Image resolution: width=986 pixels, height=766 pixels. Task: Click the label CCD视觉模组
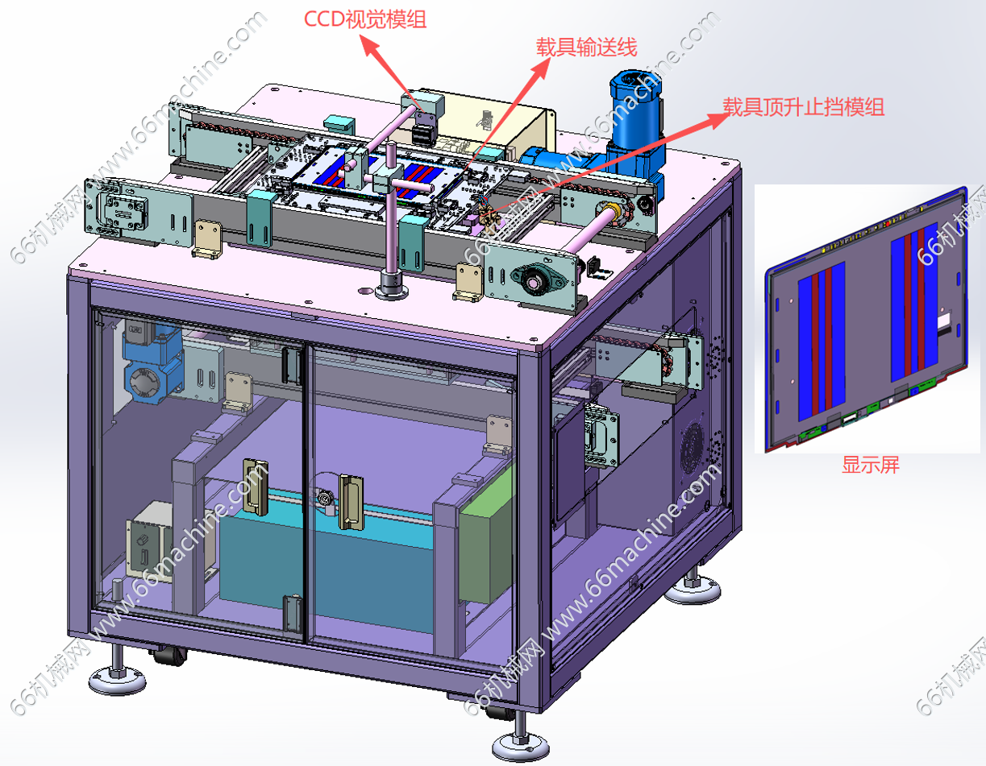[x=365, y=19]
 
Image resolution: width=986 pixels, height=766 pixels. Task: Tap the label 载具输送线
[x=587, y=48]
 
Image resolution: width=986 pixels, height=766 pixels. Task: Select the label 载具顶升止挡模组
[x=803, y=107]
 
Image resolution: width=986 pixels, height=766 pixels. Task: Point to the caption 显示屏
[x=870, y=465]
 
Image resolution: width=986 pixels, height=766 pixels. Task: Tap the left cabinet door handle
[x=256, y=487]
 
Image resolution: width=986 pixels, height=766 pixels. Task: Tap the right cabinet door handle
[x=351, y=502]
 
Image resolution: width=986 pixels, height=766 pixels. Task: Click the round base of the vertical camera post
[x=392, y=286]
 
